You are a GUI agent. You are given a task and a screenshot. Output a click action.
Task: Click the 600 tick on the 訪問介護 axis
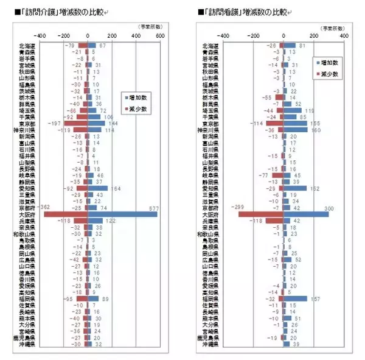tap(161, 35)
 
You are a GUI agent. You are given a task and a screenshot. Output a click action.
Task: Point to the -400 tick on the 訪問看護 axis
tap(223, 35)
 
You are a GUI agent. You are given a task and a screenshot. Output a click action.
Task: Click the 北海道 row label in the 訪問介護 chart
tap(27, 46)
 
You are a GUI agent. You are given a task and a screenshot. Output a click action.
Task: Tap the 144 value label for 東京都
tap(113, 123)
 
